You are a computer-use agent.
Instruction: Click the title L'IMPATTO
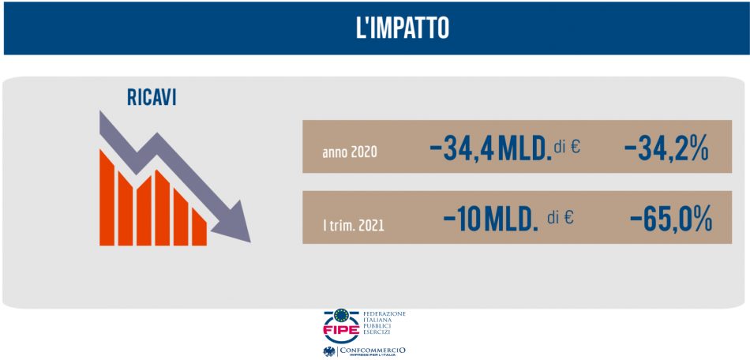pos(402,28)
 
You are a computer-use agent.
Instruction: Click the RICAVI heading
pos(152,97)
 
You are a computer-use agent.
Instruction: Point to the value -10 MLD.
pos(490,217)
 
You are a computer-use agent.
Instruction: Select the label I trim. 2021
pos(354,225)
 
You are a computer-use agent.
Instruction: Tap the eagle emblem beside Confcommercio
pos(328,351)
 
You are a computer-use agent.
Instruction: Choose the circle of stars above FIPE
pos(341,317)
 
